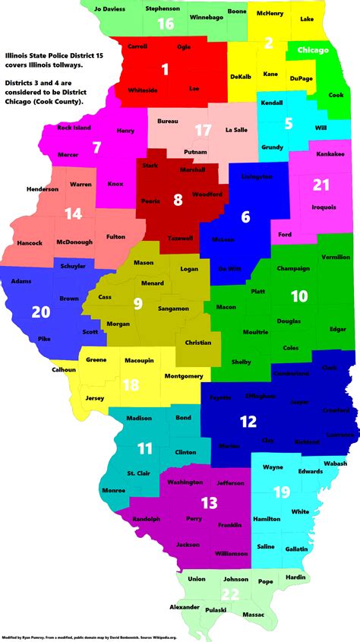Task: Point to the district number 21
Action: [x=321, y=185]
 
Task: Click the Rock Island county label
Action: [x=74, y=128]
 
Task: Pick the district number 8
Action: [x=178, y=201]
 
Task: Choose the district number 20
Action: [x=40, y=311]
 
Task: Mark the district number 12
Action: [x=248, y=421]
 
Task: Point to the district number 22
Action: [x=230, y=593]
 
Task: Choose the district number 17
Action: [x=202, y=130]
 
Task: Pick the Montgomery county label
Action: [x=183, y=376]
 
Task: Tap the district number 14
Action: [x=73, y=213]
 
